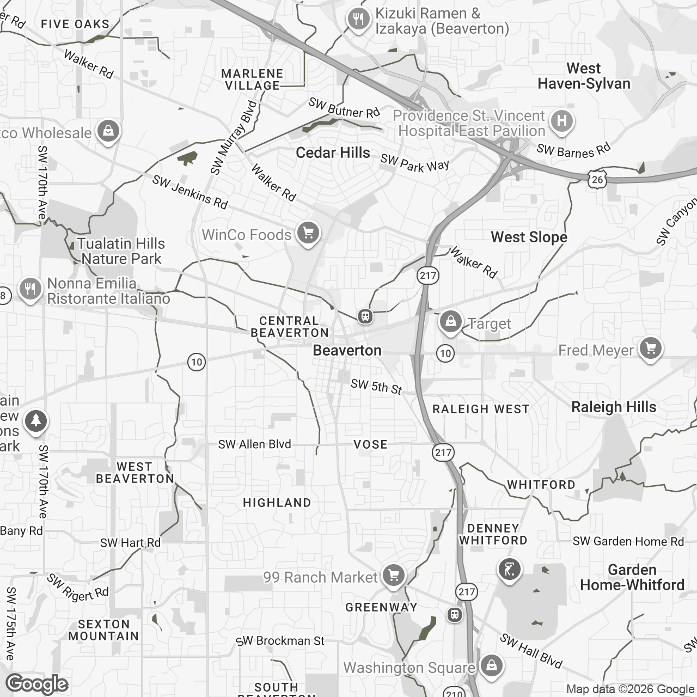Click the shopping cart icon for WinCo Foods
pyautogui.click(x=308, y=233)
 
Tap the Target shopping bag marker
pyautogui.click(x=451, y=322)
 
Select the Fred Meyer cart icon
pyautogui.click(x=650, y=348)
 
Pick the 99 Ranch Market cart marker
pyautogui.click(x=393, y=576)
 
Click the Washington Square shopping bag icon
pyautogui.click(x=491, y=666)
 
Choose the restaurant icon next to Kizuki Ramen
pyautogui.click(x=358, y=20)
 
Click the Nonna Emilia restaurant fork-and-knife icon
pyautogui.click(x=30, y=289)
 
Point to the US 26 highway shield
pyautogui.click(x=597, y=179)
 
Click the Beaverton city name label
pyautogui.click(x=347, y=350)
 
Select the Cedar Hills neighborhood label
pyautogui.click(x=333, y=152)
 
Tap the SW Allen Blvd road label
pyautogui.click(x=254, y=444)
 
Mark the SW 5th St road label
pyautogui.click(x=376, y=387)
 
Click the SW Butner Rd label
pyautogui.click(x=344, y=108)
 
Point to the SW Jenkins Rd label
pyautogui.click(x=189, y=192)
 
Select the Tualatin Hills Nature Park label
pyautogui.click(x=121, y=251)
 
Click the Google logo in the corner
pyautogui.click(x=37, y=684)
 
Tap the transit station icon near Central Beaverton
pyautogui.click(x=364, y=316)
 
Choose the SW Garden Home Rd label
pyautogui.click(x=628, y=541)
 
